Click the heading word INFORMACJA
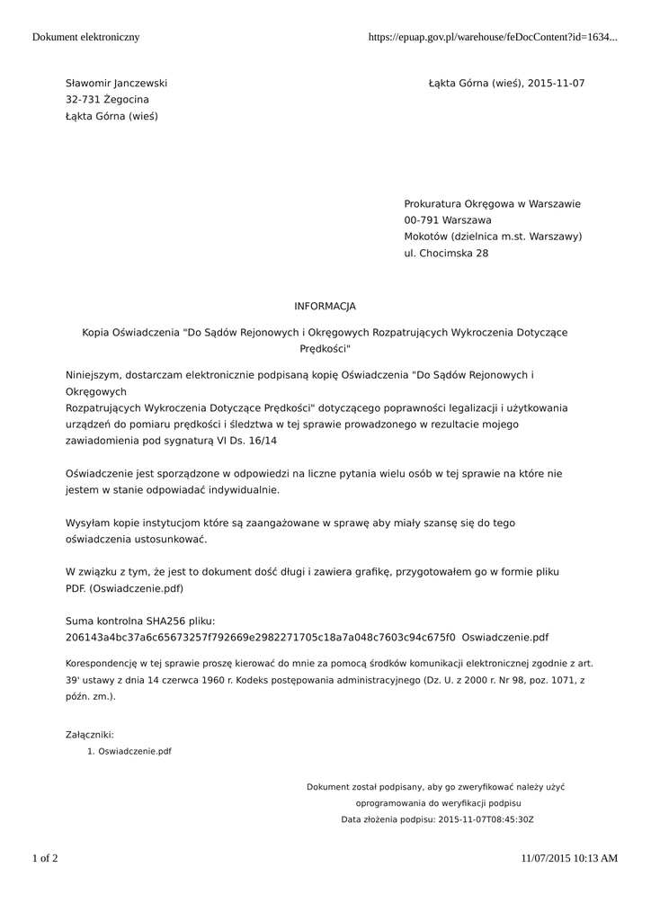click(325, 307)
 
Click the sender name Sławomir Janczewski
click(116, 84)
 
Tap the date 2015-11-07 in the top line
click(557, 84)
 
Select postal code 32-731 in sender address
click(83, 100)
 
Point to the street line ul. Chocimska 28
click(446, 254)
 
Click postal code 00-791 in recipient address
click(423, 220)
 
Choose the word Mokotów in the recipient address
click(425, 237)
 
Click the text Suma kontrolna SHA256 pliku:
click(140, 621)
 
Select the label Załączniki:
click(90, 735)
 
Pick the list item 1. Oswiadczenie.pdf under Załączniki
click(129, 751)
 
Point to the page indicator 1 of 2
click(45, 858)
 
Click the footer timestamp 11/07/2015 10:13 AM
click(569, 858)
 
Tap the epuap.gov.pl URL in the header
click(493, 37)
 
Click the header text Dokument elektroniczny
click(85, 37)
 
